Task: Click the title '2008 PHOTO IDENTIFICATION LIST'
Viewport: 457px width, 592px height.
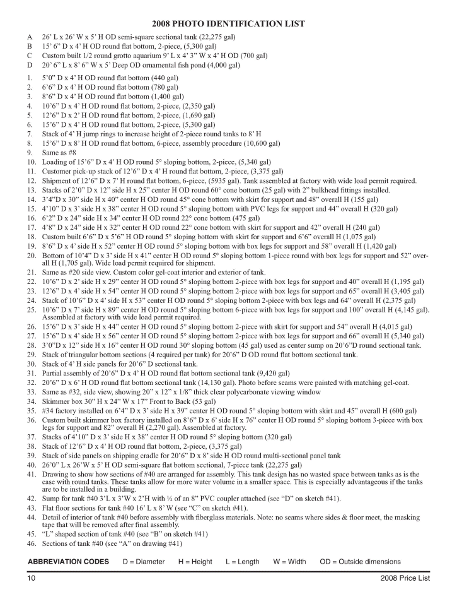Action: (x=228, y=24)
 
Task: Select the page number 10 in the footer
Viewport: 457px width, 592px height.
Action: (x=31, y=578)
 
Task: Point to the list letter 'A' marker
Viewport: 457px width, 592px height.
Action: (x=29, y=37)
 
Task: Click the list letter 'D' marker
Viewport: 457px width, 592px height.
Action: (x=29, y=64)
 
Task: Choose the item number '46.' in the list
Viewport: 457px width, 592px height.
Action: (x=30, y=543)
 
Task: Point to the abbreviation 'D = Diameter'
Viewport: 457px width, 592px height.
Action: (x=144, y=562)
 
